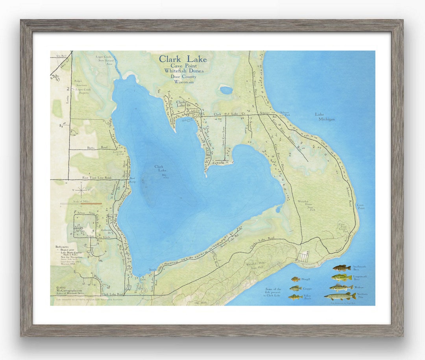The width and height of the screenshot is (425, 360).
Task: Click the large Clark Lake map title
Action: [183, 59]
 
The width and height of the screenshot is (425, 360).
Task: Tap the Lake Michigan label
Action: [325, 116]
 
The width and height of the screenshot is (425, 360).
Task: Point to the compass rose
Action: [81, 191]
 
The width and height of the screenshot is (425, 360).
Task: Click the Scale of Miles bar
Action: [81, 203]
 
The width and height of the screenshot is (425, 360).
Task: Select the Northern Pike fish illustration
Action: [339, 296]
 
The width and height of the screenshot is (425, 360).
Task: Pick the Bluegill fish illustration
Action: [296, 279]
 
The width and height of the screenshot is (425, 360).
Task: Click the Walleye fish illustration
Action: [341, 287]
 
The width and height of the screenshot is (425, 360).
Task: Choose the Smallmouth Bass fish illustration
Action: [341, 268]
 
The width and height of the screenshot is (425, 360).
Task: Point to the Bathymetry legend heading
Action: [63, 247]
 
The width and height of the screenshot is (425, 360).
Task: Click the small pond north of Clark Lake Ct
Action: [226, 90]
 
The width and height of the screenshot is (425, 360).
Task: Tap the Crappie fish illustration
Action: [296, 288]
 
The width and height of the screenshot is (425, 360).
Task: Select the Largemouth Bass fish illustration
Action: [341, 277]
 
